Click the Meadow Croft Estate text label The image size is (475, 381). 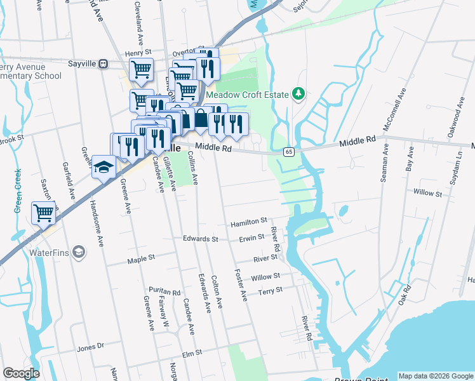[252, 95]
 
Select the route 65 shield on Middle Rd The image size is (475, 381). [288, 152]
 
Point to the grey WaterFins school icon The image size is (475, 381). [79, 253]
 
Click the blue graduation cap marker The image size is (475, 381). [103, 167]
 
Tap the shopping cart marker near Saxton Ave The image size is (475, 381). [43, 213]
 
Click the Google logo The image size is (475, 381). [21, 373]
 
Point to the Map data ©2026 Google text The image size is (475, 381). [435, 376]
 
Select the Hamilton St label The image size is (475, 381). [249, 222]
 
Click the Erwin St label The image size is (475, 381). [251, 238]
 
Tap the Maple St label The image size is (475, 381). [141, 259]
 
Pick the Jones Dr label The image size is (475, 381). [90, 347]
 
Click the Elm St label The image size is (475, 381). [191, 352]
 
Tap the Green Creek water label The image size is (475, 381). [18, 190]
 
